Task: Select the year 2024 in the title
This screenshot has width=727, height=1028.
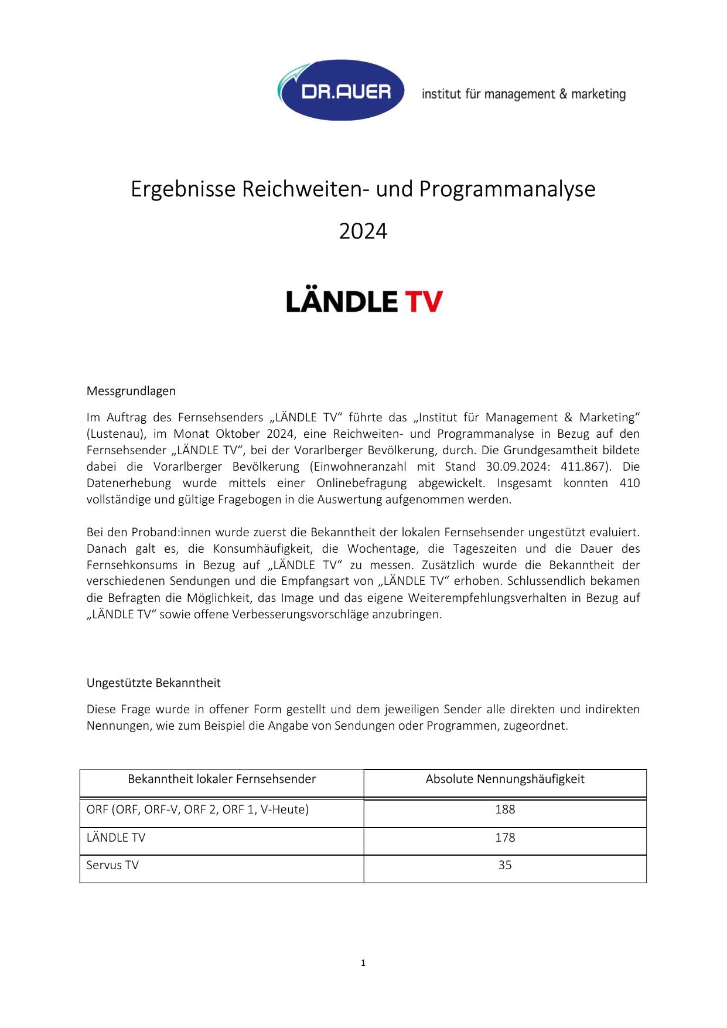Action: tap(363, 232)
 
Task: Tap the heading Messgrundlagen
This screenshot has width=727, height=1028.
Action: tap(131, 390)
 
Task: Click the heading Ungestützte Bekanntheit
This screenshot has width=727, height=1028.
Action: tap(153, 683)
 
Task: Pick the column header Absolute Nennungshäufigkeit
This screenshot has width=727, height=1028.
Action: tap(505, 779)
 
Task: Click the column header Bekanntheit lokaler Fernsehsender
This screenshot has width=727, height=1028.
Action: tap(221, 779)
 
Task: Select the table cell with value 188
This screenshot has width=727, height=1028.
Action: tap(505, 809)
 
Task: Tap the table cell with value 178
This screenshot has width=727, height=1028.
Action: tap(505, 838)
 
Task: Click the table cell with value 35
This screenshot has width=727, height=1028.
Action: tap(505, 865)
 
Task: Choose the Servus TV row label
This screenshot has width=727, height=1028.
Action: tap(112, 865)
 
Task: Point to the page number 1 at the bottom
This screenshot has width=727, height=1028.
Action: tap(363, 962)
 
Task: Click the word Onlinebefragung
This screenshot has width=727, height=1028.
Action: tap(361, 483)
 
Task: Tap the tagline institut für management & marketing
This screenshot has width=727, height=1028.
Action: tap(523, 94)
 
